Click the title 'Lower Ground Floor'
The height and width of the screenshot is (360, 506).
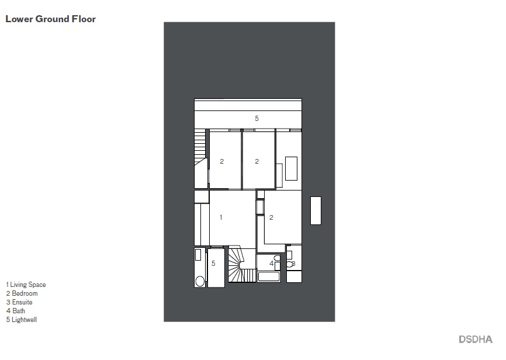[x=50, y=19]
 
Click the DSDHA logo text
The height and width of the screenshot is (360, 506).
[x=475, y=339]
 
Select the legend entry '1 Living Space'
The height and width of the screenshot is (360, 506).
[x=26, y=285]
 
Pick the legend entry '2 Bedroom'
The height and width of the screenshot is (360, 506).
[x=22, y=293]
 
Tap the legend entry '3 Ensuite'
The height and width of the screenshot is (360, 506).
[x=19, y=302]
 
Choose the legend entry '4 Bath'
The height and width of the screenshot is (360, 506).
[x=16, y=311]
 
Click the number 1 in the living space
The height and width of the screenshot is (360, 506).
[x=221, y=217]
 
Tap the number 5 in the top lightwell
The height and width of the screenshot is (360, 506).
[x=257, y=119]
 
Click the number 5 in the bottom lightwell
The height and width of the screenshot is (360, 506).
[x=213, y=264]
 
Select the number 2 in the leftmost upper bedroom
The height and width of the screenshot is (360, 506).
[x=222, y=161]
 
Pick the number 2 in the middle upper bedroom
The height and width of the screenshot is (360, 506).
[x=257, y=161]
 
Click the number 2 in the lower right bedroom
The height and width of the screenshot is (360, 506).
[x=272, y=217]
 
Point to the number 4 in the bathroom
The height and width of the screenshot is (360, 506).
[x=271, y=264]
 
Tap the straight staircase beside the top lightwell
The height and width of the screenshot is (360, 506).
[x=200, y=143]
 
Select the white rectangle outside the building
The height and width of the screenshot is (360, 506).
[x=316, y=210]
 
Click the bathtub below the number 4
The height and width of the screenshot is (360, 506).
[x=269, y=278]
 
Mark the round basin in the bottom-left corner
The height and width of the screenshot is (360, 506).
[x=200, y=281]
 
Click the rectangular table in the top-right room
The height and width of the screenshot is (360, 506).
[x=290, y=168]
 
